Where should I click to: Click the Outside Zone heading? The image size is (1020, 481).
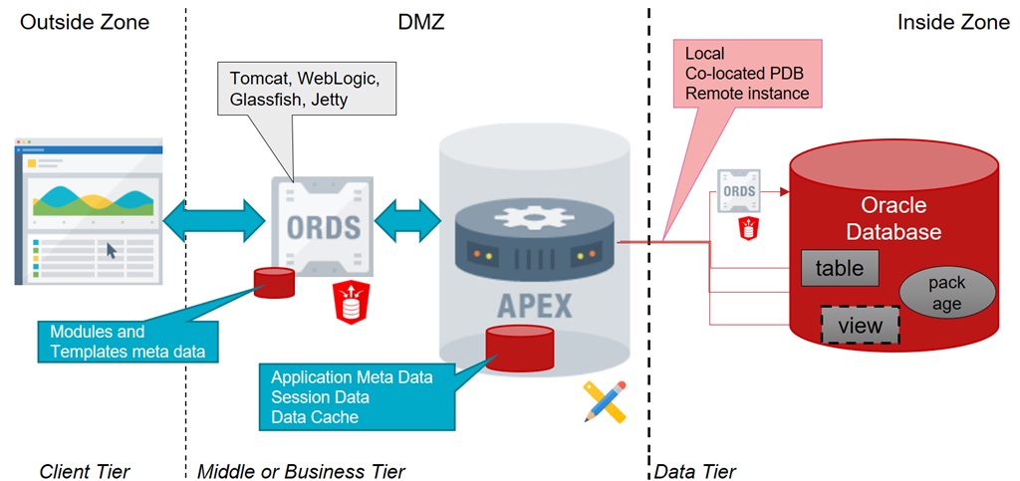tap(85, 21)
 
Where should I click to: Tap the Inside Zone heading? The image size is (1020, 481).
tap(952, 21)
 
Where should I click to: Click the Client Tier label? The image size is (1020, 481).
tap(85, 470)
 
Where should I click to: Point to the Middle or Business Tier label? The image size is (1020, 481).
tap(301, 470)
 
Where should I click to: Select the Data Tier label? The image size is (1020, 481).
tap(695, 470)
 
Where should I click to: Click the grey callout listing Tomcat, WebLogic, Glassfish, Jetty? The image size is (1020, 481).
tap(307, 87)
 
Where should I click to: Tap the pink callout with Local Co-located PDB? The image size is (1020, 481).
tap(746, 74)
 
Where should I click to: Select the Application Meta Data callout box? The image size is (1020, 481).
tap(351, 397)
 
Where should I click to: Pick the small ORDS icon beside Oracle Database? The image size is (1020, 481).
tap(739, 189)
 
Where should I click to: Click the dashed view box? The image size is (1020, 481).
tap(860, 326)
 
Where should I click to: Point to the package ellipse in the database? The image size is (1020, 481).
tap(946, 293)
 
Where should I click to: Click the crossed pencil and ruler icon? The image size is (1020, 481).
tap(605, 401)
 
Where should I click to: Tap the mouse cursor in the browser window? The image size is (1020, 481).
tap(112, 250)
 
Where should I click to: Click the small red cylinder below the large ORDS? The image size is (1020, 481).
tap(274, 283)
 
